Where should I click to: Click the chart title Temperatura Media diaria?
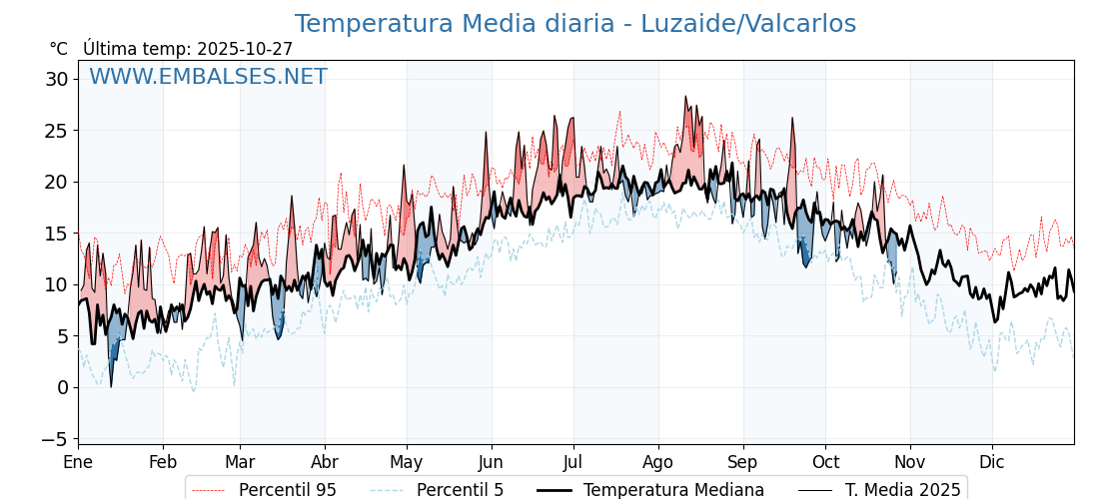pyautogui.click(x=574, y=24)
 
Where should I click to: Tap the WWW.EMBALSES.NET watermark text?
pyautogui.click(x=208, y=77)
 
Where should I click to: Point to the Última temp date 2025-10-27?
pyautogui.click(x=245, y=49)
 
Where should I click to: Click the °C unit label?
pyautogui.click(x=58, y=49)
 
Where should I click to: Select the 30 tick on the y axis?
pyautogui.click(x=57, y=79)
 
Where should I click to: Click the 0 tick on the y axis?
pyautogui.click(x=63, y=387)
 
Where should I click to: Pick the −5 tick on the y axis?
pyautogui.click(x=56, y=439)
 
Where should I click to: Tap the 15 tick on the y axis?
pyautogui.click(x=57, y=234)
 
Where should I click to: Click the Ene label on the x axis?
pyautogui.click(x=78, y=463)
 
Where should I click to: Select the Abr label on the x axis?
pyautogui.click(x=324, y=463)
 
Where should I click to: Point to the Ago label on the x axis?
pyautogui.click(x=657, y=463)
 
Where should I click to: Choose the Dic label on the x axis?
pyautogui.click(x=992, y=463)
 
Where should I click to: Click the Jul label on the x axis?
pyautogui.click(x=573, y=463)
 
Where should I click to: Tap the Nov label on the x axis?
pyautogui.click(x=909, y=463)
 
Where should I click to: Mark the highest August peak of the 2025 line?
pyautogui.click(x=685, y=97)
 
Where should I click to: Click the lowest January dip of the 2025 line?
pyautogui.click(x=111, y=386)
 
